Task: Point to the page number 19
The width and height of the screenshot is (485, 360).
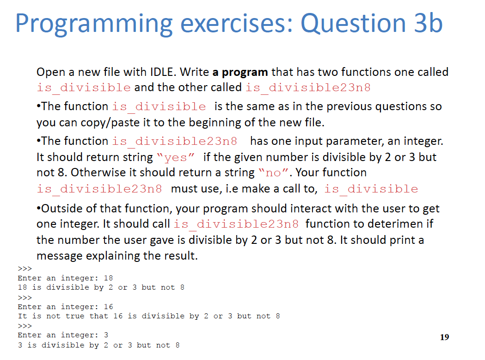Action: click(x=444, y=337)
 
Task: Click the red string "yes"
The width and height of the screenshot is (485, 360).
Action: click(x=176, y=157)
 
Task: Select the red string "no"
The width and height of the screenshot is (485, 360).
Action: click(x=273, y=173)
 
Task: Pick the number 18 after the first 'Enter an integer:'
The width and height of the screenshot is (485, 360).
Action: click(x=108, y=278)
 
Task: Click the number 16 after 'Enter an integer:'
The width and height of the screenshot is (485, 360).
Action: click(x=109, y=307)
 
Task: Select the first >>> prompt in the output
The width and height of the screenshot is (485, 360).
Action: click(x=25, y=269)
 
